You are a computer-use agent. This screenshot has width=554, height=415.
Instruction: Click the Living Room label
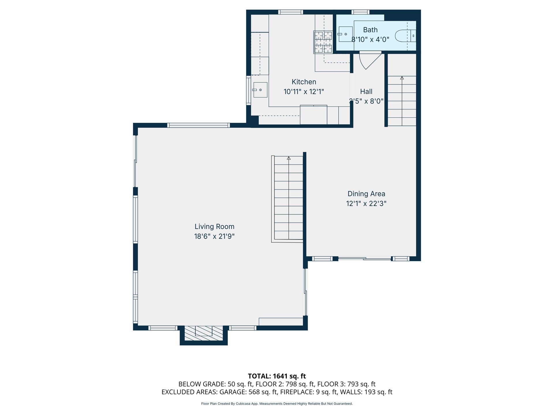[214, 227]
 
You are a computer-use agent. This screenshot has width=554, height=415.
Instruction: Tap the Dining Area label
[366, 194]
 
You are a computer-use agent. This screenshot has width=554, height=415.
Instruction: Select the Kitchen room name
[304, 82]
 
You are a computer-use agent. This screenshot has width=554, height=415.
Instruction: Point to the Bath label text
[370, 30]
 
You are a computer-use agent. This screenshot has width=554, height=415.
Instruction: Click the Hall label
[366, 91]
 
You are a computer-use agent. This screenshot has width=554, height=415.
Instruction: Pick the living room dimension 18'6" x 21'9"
[214, 236]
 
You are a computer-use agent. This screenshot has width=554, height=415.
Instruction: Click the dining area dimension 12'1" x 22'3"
[366, 203]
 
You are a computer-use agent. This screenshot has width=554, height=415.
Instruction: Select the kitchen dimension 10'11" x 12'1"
[304, 92]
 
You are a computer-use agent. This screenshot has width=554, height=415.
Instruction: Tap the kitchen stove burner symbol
[323, 42]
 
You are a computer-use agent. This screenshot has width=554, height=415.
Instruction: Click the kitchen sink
[260, 90]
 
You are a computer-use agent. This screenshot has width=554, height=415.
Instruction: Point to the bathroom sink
[345, 34]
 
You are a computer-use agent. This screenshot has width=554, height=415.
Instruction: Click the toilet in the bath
[405, 36]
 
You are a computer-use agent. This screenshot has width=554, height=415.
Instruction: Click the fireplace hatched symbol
[204, 333]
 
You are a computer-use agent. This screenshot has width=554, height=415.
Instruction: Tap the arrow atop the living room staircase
[289, 158]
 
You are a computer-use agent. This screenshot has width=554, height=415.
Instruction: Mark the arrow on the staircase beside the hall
[402, 78]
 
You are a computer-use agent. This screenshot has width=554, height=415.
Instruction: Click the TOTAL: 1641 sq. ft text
[277, 376]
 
